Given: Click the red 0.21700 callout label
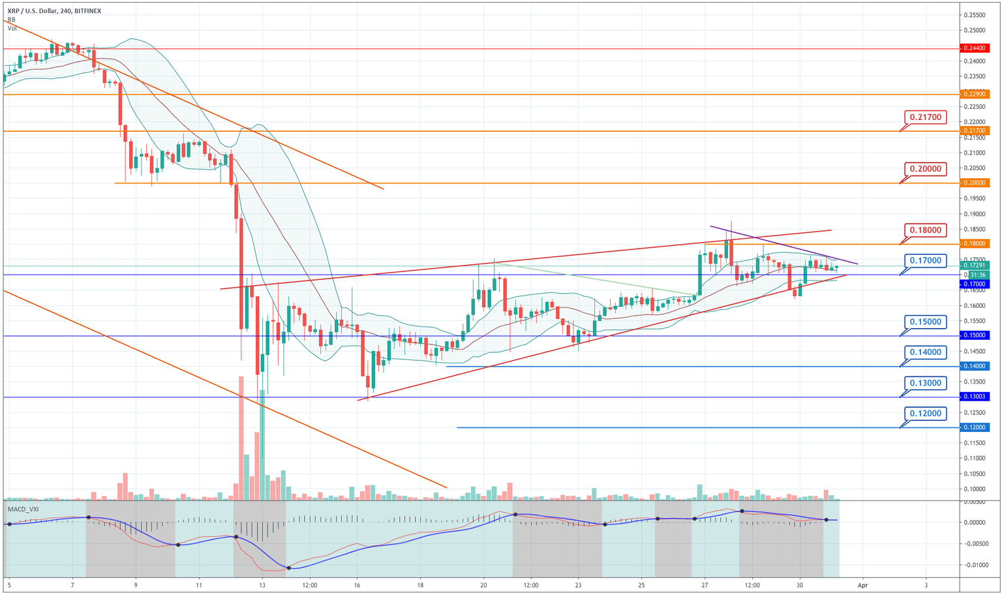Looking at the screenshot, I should point(925,117).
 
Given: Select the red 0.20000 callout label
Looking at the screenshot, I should point(925,169).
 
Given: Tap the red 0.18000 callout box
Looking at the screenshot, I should point(925,230).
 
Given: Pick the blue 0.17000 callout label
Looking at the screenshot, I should point(925,261).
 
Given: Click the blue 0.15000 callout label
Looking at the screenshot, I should point(925,322).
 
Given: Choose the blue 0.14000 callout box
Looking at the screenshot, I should point(925,352).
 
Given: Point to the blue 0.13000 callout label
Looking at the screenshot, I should point(925,383).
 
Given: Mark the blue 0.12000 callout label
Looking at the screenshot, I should point(925,414).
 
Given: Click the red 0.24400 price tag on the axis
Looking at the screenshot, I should point(975,48).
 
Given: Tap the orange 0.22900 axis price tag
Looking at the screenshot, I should point(975,95).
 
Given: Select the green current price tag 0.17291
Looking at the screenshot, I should point(975,266).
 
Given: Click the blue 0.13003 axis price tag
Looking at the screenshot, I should point(975,397).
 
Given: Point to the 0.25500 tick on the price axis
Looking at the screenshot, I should point(975,15).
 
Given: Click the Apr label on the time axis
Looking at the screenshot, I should point(862,585).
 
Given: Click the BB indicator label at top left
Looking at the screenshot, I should point(11,20).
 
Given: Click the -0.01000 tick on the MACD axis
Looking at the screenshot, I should point(975,565).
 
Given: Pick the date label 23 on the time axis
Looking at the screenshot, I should point(578,585).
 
